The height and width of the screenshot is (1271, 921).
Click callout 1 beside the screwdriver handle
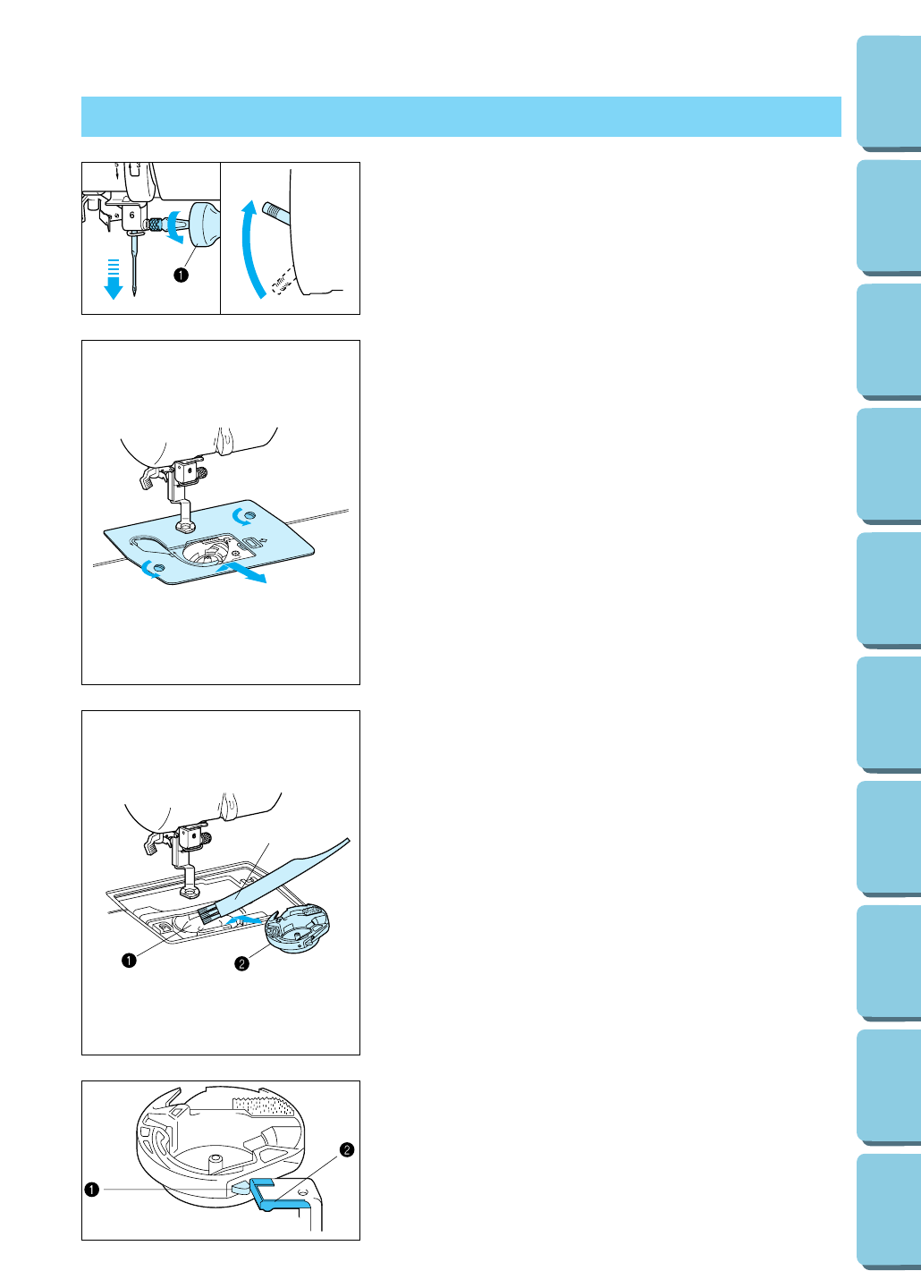(181, 275)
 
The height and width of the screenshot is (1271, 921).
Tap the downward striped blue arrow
(114, 279)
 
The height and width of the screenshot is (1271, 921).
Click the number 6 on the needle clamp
(131, 215)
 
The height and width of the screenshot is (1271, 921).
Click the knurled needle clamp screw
(153, 224)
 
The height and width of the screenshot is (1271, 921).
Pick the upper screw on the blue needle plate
(250, 515)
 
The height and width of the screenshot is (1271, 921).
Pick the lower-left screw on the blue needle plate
(159, 567)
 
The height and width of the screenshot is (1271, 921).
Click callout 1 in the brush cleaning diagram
(129, 960)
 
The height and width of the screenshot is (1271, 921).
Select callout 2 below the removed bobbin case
(241, 963)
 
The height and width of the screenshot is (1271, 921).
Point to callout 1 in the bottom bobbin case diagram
(91, 1190)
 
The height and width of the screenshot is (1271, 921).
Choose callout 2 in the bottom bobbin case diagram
(347, 1149)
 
